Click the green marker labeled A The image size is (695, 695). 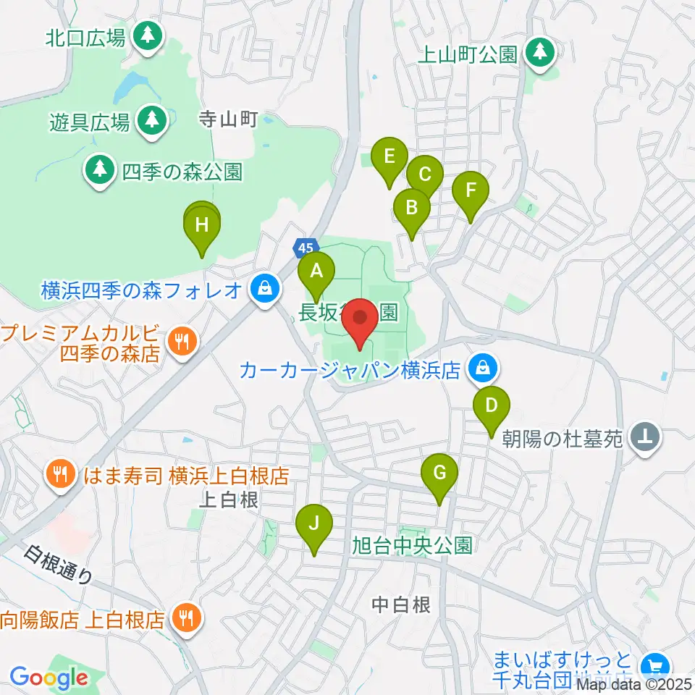point(316,271)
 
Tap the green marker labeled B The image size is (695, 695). point(411,208)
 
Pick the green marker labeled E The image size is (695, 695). point(389,156)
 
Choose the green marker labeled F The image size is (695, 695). point(471,191)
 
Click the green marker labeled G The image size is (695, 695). point(439,473)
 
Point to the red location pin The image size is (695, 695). point(360,319)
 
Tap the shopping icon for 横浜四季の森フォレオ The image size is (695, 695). point(265,289)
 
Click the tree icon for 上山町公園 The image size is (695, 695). point(539,51)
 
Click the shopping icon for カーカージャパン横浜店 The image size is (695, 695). point(482,370)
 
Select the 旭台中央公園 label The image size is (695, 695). point(412,544)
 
